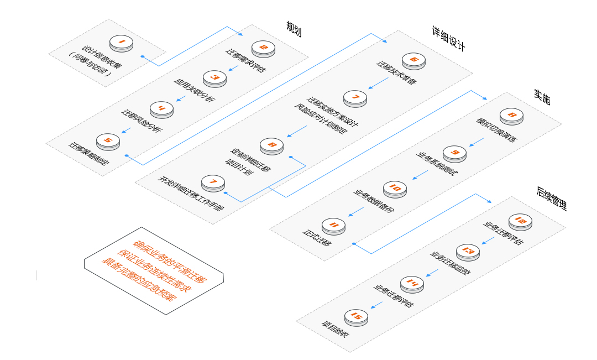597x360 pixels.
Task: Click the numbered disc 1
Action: pos(121,43)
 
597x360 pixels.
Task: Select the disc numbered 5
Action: pos(108,142)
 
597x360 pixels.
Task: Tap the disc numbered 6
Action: pos(413,60)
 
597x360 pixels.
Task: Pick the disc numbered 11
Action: pos(333,226)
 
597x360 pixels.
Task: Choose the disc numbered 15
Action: pos(356,317)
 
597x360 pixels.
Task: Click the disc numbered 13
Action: pos(468,252)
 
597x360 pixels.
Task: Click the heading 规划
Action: pos(294,28)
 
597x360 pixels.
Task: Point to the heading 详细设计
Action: pos(448,38)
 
